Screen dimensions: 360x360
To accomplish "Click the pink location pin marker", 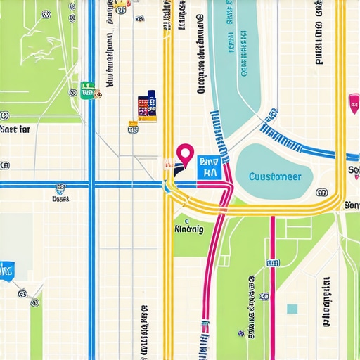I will click(x=185, y=153).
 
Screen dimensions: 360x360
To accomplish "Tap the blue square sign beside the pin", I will click(x=209, y=167).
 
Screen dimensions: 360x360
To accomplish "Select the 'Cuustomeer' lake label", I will click(x=275, y=176).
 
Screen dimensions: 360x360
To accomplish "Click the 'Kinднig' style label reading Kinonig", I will click(x=188, y=229).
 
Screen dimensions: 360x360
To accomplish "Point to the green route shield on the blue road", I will click(x=87, y=89).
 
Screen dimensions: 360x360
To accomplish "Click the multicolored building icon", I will click(x=147, y=106).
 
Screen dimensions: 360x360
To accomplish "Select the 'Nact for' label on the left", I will click(x=15, y=129).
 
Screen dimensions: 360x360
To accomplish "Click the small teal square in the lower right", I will click(x=292, y=309).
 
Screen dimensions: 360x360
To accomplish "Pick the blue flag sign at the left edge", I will click(x=7, y=269).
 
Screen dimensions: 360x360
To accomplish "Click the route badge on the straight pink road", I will click(x=273, y=262).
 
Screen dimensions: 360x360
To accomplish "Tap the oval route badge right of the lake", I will click(x=322, y=192).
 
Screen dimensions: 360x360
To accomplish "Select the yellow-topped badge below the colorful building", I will click(x=133, y=127).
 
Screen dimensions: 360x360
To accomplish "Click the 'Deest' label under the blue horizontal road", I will click(x=60, y=199).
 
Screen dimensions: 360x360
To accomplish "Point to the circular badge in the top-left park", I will click(x=46, y=13).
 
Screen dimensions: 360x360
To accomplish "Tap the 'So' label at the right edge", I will click(x=353, y=171).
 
